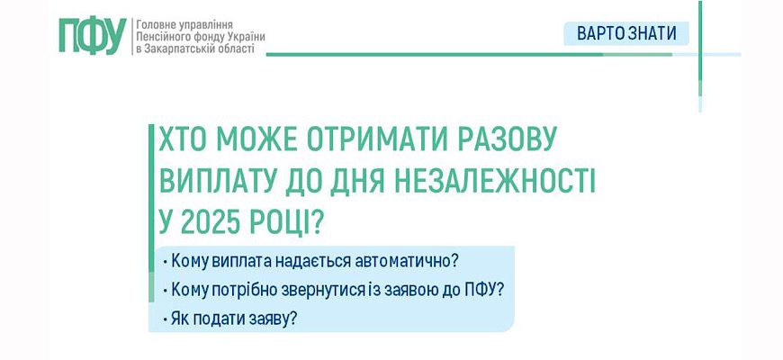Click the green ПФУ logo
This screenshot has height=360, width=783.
coord(93,35)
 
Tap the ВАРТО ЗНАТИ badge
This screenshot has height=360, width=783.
coord(626,33)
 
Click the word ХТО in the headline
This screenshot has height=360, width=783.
coord(180,140)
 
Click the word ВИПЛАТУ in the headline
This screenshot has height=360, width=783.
coord(215,182)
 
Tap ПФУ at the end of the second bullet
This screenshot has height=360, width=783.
coord(481,290)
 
